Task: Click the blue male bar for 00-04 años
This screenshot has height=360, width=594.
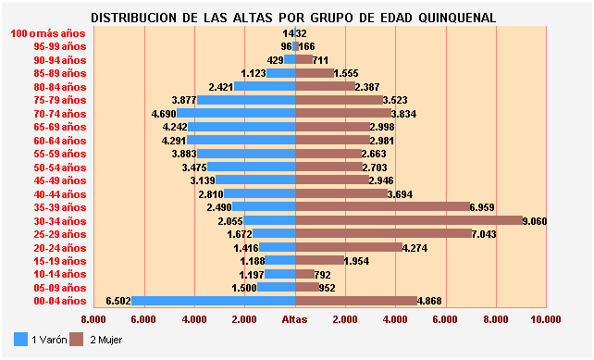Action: [x=213, y=301]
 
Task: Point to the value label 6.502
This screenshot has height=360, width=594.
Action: [x=118, y=301]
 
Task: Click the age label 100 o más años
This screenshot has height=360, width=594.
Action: [x=48, y=33]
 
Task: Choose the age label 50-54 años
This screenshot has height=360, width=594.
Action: [x=59, y=167]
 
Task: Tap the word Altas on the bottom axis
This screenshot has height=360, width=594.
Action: [x=294, y=319]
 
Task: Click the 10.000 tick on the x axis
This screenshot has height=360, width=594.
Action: [x=546, y=319]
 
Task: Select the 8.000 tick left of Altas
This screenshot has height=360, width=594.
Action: [x=93, y=319]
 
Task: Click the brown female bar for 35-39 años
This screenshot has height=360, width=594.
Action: [x=382, y=207]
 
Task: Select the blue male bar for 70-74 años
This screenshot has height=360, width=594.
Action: [x=236, y=113]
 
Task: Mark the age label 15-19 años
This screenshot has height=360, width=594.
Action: [x=59, y=261]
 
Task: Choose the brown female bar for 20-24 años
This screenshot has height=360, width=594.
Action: [x=348, y=247]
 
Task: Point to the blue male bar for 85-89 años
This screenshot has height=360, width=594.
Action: [x=280, y=73]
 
